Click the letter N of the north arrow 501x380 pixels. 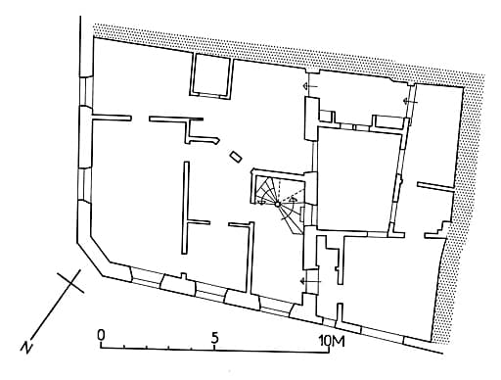click(26, 347)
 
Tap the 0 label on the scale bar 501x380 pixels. click(101, 335)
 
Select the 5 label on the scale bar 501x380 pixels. click(214, 338)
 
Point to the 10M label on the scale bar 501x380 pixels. click(332, 341)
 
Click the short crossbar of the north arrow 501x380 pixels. click(70, 281)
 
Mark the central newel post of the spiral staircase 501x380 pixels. click(277, 205)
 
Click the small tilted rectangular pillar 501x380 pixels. click(236, 157)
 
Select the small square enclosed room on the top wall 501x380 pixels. click(212, 75)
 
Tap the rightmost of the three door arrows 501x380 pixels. click(410, 102)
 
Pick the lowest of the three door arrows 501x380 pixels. click(310, 281)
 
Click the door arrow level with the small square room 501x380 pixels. click(310, 86)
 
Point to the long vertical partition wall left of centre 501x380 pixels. click(186, 208)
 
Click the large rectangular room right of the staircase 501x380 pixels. click(358, 179)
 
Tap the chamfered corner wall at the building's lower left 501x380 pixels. click(93, 253)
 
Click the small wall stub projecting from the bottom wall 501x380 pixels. click(184, 276)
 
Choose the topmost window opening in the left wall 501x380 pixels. click(86, 92)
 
